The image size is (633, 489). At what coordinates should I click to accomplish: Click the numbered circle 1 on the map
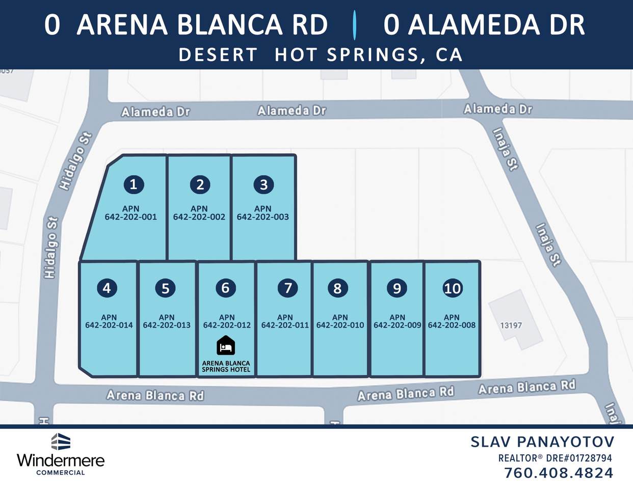[134, 184]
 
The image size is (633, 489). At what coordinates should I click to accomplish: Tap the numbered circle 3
[263, 184]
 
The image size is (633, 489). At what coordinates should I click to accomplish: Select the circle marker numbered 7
[288, 288]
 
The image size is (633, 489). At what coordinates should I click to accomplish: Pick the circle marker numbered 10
[452, 288]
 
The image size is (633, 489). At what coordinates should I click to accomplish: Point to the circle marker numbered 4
[107, 288]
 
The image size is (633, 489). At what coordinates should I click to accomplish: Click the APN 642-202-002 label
[199, 213]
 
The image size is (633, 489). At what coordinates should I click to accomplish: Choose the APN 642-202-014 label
[109, 321]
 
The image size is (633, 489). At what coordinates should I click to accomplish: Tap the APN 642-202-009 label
[398, 321]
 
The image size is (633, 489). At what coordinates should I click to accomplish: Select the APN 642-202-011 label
[285, 321]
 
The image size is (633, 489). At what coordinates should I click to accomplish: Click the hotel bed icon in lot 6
[226, 346]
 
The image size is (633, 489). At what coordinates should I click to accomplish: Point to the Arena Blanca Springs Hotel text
[226, 366]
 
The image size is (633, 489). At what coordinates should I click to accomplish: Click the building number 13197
[511, 325]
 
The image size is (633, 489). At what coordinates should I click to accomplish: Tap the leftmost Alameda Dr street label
[155, 112]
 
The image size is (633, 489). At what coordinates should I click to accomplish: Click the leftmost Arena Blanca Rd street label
[155, 395]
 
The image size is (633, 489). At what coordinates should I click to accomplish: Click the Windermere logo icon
[61, 442]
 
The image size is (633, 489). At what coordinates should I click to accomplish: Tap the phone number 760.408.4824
[559, 473]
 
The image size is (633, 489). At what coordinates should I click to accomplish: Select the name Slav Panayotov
[542, 442]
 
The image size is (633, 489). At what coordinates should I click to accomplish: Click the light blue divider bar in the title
[354, 25]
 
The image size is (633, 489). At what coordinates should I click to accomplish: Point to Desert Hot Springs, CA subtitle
[321, 55]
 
